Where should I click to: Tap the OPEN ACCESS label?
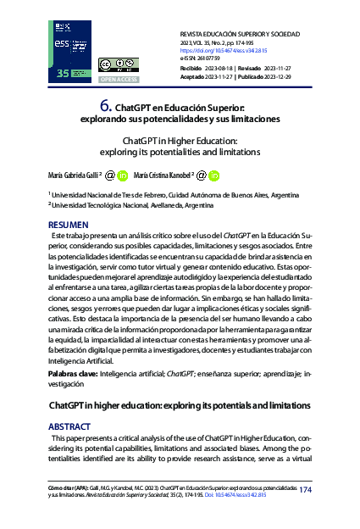pos(116,79)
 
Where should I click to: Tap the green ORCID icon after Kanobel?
pos(214,176)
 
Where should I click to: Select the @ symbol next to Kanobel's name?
pos(200,175)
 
